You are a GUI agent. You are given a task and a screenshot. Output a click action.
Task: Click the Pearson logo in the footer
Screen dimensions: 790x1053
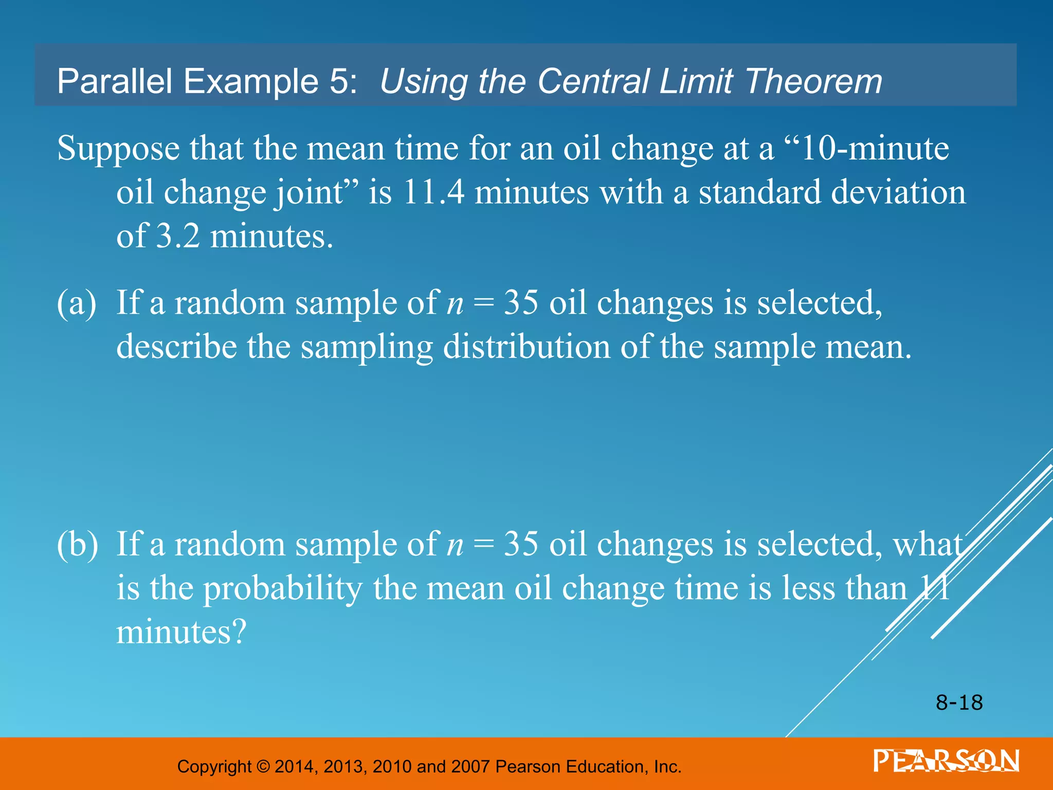coord(946,761)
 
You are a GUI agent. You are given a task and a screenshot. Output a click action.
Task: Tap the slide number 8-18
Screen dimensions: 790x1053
coord(959,703)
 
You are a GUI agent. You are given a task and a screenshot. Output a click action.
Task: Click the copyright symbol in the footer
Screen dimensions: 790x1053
coord(263,766)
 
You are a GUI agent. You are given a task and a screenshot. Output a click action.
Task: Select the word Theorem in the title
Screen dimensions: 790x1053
coord(813,81)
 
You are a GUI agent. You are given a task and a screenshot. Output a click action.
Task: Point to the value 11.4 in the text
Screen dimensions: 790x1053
coord(434,192)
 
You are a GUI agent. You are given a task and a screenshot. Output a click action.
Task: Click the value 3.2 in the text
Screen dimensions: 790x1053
coord(178,237)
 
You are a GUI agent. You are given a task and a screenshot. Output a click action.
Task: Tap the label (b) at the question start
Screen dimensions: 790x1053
coord(77,544)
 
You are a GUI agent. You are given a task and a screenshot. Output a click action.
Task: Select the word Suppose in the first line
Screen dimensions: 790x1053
coord(118,149)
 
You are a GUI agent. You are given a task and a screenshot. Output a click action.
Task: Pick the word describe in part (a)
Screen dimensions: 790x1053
coord(177,347)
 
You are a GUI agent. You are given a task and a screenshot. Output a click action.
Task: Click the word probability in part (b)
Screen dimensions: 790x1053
coord(283,588)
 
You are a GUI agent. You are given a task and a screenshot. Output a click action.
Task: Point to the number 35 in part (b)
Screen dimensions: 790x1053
coord(521,544)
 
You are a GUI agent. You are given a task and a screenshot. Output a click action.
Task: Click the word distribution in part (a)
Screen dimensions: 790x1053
coord(526,347)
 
